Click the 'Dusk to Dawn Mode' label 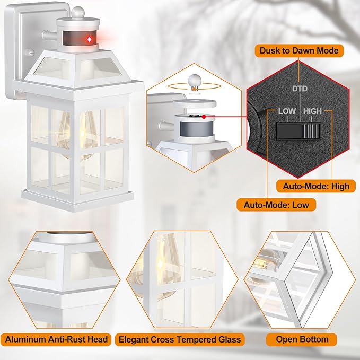pos(298,51)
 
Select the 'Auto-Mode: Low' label pos(276,204)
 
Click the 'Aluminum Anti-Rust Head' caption pos(57,339)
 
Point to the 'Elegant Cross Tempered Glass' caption pos(180,339)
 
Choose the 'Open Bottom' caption pos(302,339)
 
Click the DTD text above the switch pos(301,90)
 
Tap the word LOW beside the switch pos(287,112)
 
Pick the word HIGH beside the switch pos(312,112)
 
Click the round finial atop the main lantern pos(78,11)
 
